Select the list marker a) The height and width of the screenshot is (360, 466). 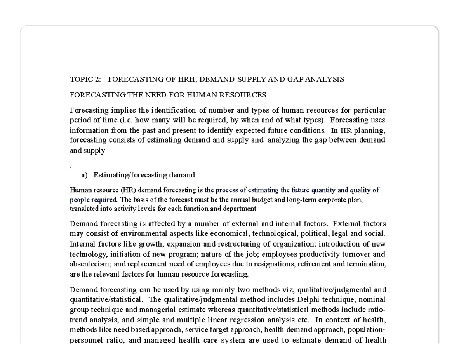point(84,175)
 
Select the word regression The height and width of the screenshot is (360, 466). point(250,320)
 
